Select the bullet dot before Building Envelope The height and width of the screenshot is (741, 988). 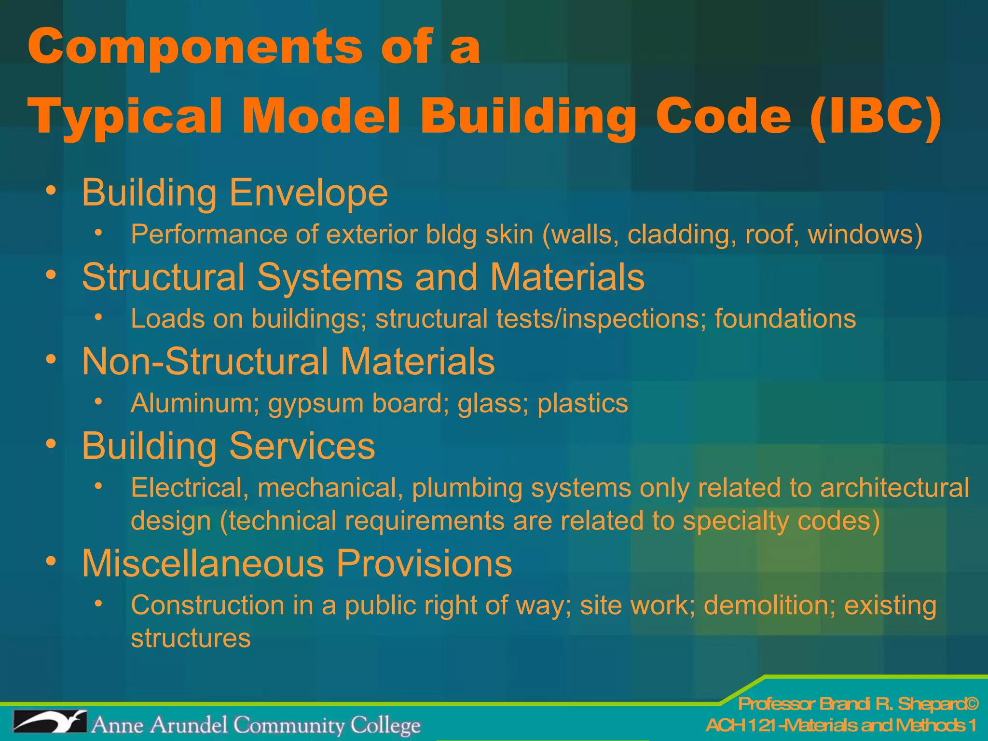point(51,191)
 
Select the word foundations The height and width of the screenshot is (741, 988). point(785,319)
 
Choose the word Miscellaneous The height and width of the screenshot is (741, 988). point(203,563)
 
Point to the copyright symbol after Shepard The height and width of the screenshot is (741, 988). point(972,704)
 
